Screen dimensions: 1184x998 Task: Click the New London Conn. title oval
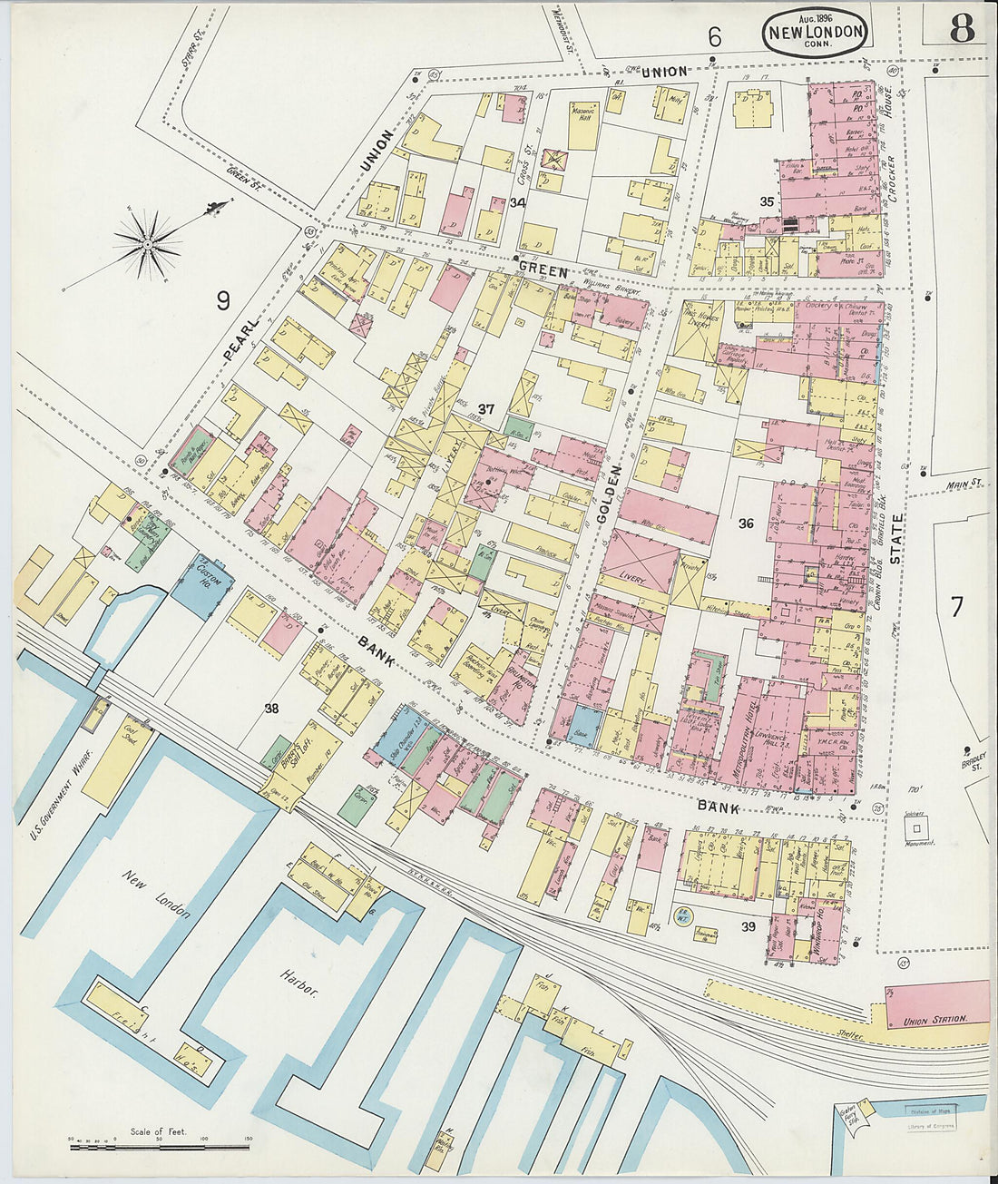[816, 34]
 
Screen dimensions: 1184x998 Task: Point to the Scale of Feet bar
[160, 1147]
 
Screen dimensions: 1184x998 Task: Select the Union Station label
[934, 1021]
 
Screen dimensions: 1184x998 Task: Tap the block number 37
[486, 409]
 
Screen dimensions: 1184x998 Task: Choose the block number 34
[518, 202]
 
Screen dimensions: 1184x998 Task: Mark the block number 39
[748, 926]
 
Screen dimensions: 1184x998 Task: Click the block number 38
[270, 709]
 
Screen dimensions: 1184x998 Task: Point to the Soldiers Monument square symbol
[917, 828]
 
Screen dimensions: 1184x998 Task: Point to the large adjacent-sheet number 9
[223, 300]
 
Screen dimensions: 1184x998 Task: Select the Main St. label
[965, 484]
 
